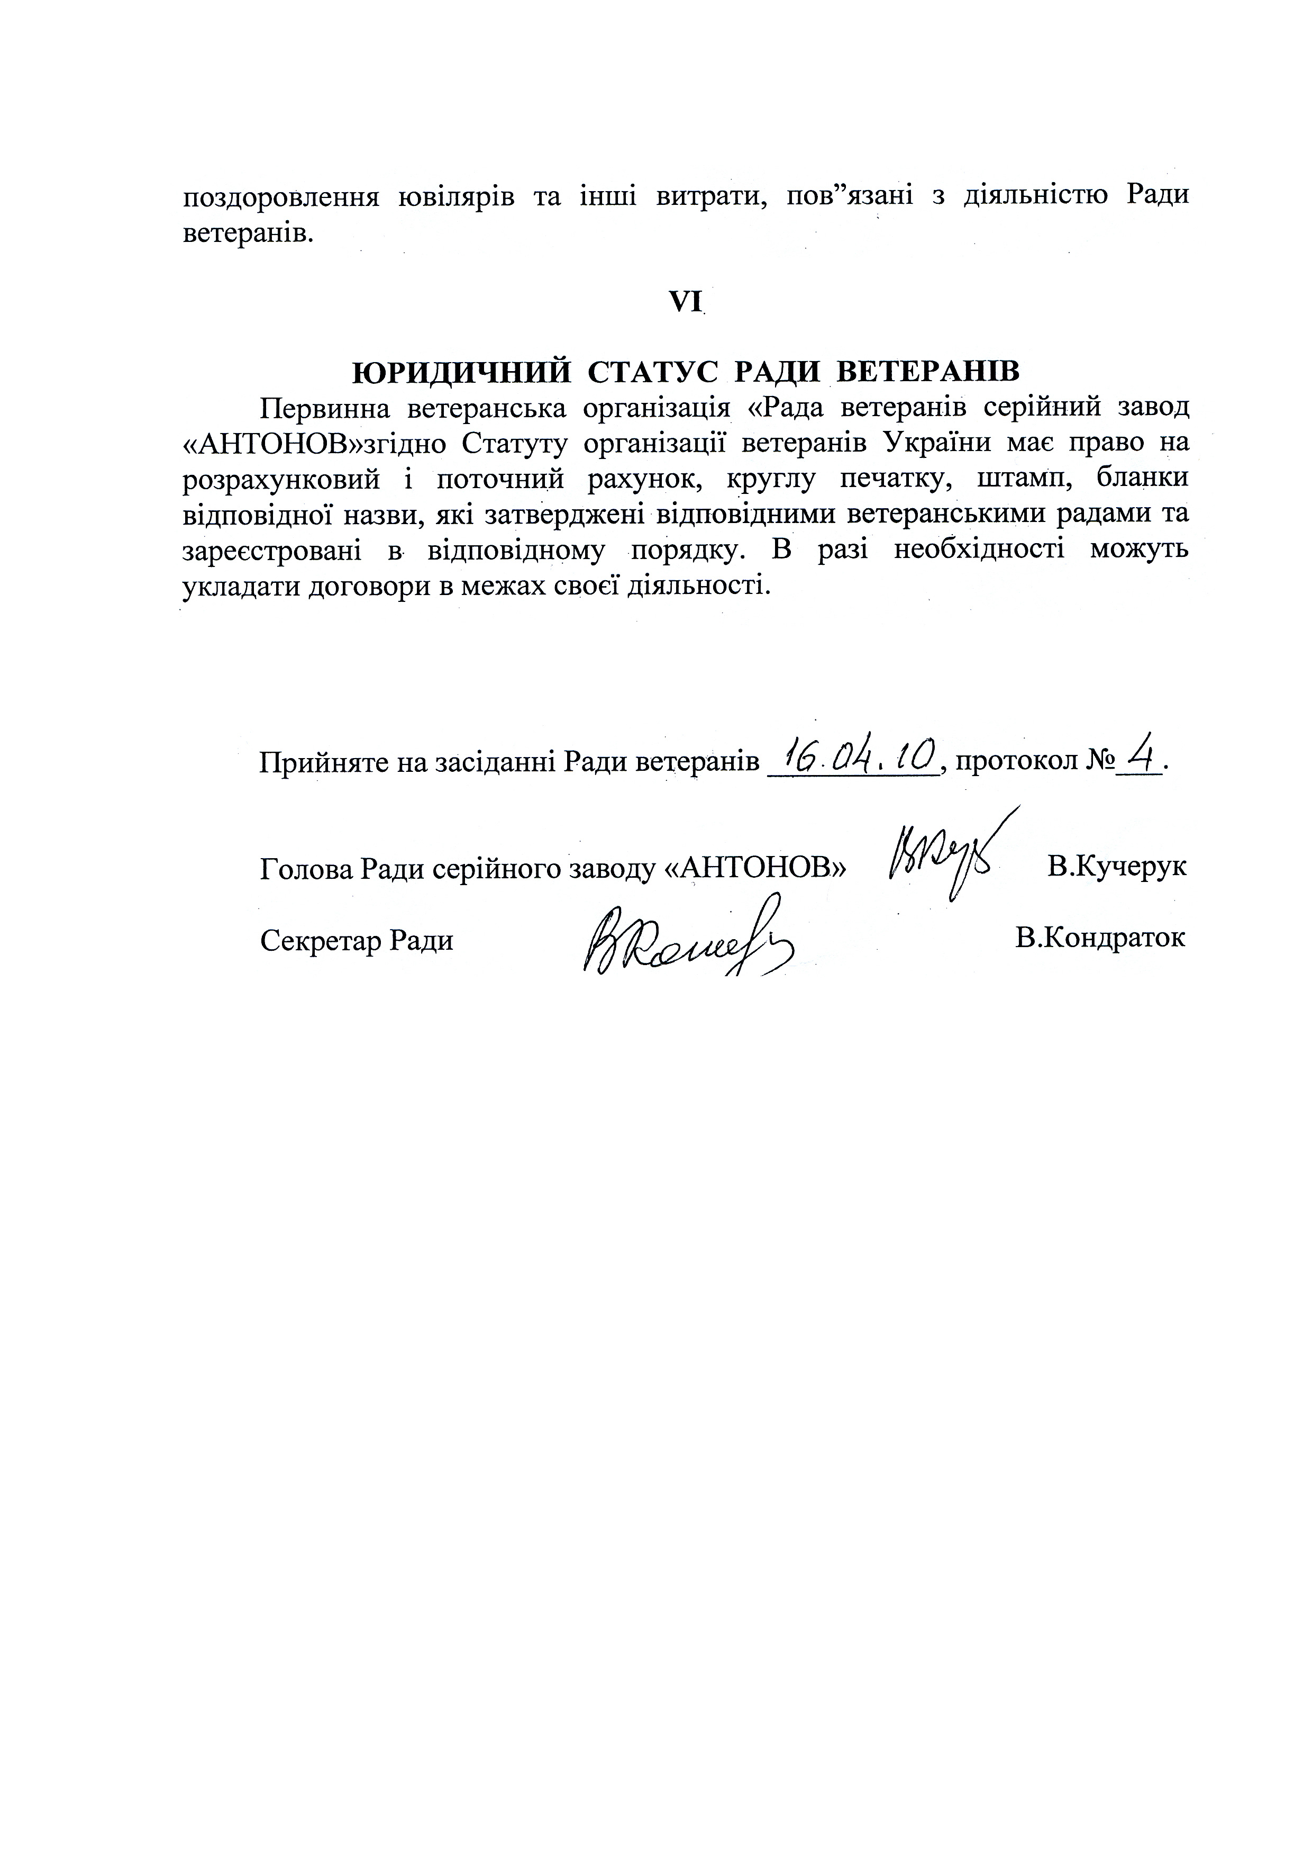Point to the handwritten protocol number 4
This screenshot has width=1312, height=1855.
coord(1141,756)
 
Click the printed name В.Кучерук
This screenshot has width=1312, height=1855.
coord(1116,867)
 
